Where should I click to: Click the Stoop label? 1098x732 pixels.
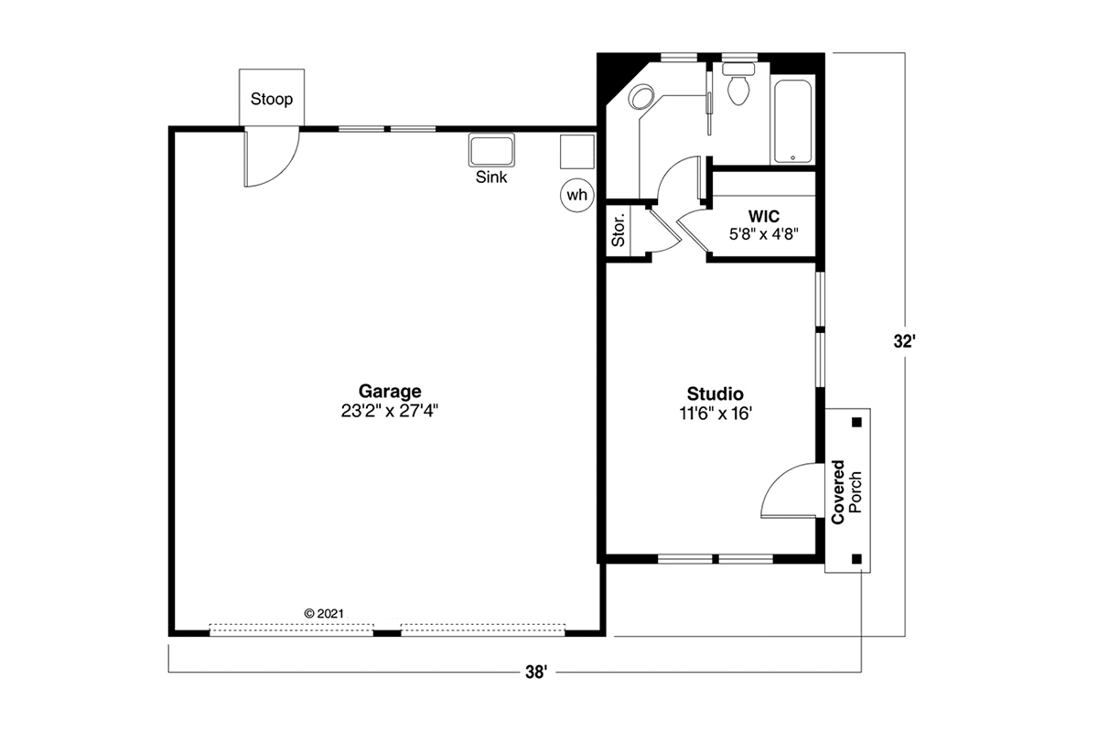[272, 99]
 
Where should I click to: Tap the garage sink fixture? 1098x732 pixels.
[491, 149]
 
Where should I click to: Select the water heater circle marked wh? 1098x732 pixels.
[577, 195]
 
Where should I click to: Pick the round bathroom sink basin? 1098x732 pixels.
[641, 97]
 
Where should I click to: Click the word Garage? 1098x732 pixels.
[390, 392]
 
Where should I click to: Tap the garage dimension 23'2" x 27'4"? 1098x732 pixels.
[390, 411]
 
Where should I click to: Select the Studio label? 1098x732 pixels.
[716, 393]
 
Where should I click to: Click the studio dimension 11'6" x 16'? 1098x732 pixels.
[716, 414]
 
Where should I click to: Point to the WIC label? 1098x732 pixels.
[764, 216]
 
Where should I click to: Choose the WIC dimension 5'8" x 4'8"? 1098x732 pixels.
[764, 234]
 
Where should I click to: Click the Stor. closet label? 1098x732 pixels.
[619, 230]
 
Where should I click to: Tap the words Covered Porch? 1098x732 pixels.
[846, 491]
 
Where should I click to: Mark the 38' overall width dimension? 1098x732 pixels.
[536, 672]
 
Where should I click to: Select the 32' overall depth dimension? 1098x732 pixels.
[904, 341]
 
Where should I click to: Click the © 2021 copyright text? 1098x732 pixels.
[324, 613]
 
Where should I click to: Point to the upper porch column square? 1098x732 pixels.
[856, 422]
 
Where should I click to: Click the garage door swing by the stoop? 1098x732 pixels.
[272, 156]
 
